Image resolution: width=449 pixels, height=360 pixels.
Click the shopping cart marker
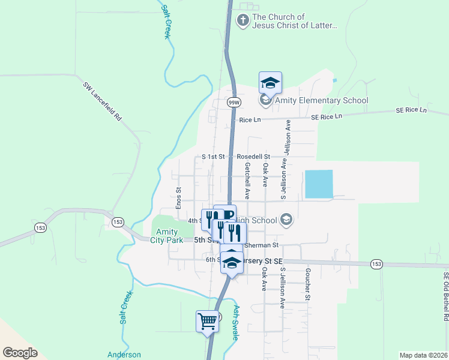pyautogui.click(x=207, y=321)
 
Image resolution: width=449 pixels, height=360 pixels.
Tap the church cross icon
pyautogui.click(x=243, y=21)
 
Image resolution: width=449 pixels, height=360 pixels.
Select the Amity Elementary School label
pyautogui.click(x=321, y=100)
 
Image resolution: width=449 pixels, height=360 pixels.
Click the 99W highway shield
pyautogui.click(x=234, y=103)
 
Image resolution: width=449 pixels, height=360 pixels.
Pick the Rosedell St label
pyautogui.click(x=253, y=156)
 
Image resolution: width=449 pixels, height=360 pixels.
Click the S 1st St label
pyautogui.click(x=213, y=156)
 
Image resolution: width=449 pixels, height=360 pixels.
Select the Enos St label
pyautogui.click(x=178, y=197)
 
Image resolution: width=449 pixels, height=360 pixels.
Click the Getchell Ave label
pyautogui.click(x=247, y=182)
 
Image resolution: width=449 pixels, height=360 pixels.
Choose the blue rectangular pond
pyautogui.click(x=318, y=184)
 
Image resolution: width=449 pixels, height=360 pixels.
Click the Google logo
pyautogui.click(x=20, y=353)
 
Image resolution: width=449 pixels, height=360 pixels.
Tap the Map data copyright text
pyautogui.click(x=423, y=355)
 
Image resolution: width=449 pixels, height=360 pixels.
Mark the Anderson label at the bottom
pyautogui.click(x=124, y=355)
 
